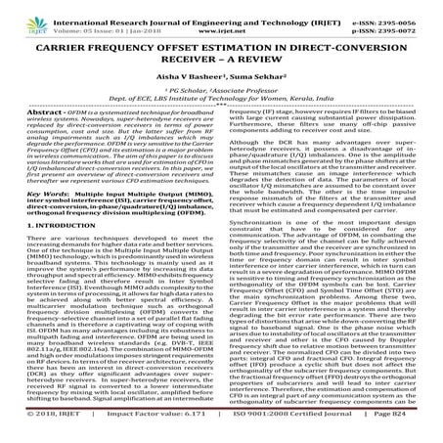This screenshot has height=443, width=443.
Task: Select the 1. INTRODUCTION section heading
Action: click(58, 258)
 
